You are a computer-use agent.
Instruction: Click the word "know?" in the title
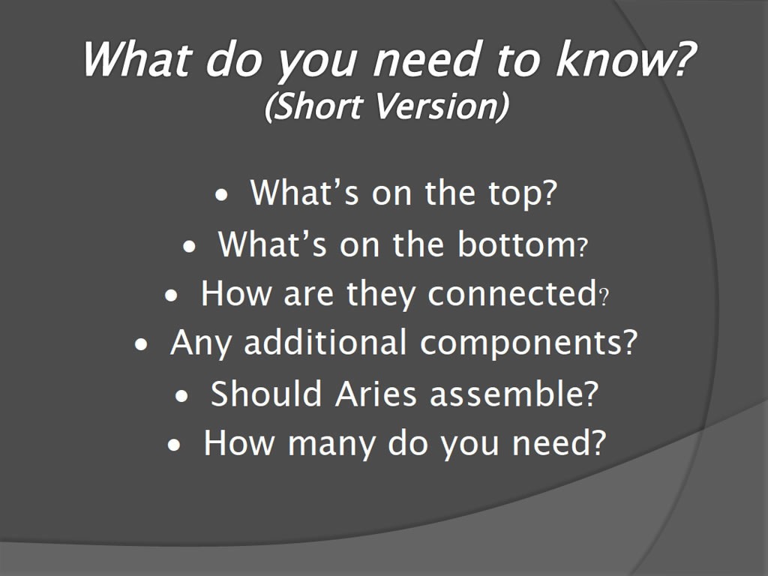625,59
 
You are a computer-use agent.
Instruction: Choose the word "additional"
325,342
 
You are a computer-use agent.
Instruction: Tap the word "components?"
529,343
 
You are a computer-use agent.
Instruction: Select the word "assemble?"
514,394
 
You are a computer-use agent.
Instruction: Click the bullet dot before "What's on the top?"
222,196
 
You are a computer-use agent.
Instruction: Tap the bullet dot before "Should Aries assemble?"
181,396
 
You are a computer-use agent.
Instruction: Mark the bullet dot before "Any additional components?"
140,345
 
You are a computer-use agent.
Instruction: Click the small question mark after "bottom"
582,247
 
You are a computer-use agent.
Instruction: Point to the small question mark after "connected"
604,297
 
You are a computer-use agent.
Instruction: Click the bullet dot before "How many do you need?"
174,445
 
